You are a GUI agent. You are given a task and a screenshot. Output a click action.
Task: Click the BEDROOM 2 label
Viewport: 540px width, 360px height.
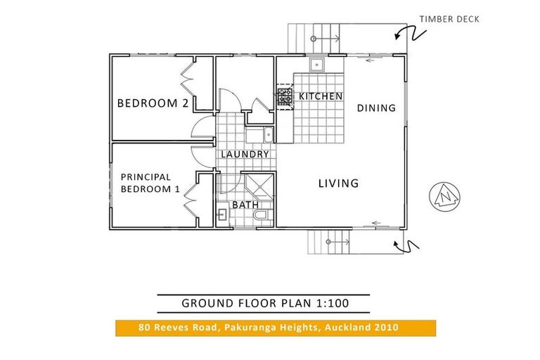[152, 103]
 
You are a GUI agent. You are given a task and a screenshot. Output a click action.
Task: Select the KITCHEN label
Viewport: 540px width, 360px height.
[321, 96]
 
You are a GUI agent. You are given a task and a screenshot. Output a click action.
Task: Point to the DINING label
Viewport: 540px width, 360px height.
[376, 108]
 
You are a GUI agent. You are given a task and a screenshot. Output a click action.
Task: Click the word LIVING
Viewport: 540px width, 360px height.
[338, 184]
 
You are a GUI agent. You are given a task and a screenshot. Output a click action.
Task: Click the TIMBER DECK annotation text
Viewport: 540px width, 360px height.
[449, 19]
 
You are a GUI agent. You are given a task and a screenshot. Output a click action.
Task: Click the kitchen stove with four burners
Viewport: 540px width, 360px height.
[285, 96]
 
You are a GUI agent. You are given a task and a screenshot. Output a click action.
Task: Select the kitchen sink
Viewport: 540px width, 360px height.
[317, 65]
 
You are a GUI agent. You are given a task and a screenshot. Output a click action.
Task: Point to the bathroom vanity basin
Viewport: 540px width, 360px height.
[221, 216]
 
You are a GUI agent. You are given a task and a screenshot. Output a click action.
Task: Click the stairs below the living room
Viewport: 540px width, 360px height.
[330, 243]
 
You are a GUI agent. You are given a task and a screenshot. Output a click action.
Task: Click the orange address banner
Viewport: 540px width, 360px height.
[276, 328]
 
